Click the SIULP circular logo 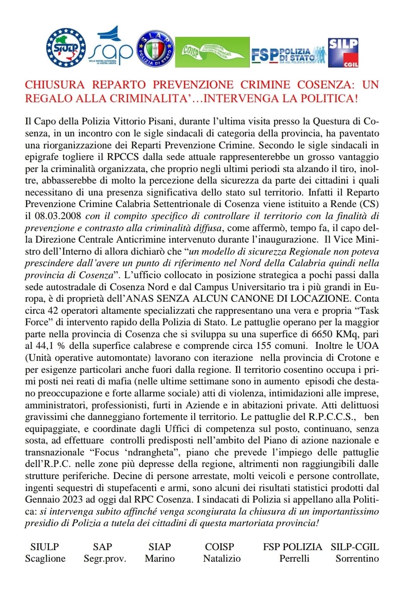tap(66, 48)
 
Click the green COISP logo tap(212, 52)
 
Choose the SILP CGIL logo tap(343, 52)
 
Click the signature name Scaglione tap(45, 559)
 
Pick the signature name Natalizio tap(221, 559)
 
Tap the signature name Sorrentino tap(357, 559)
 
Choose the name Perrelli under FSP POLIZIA tap(294, 559)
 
